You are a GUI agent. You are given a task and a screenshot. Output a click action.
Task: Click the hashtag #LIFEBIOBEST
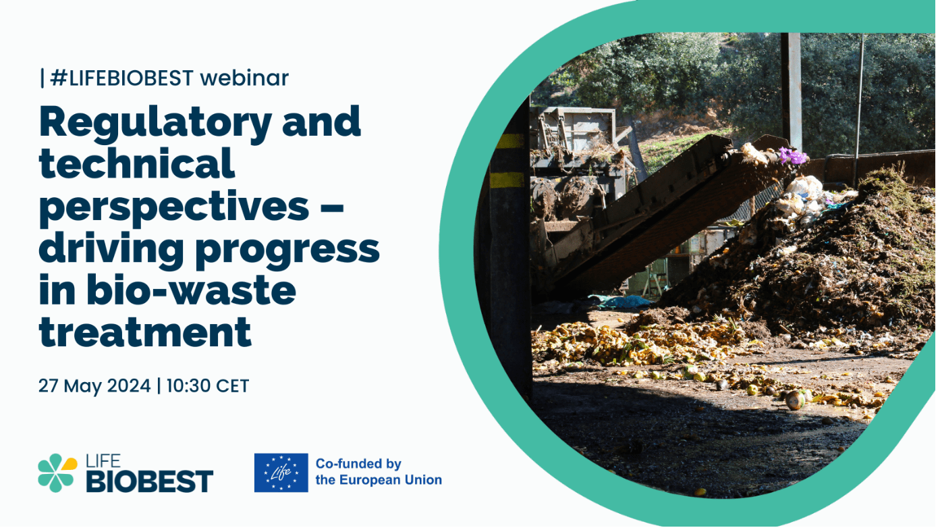(122, 78)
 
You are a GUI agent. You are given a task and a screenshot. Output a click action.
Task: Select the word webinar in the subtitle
(244, 78)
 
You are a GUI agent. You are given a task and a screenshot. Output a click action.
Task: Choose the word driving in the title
(111, 248)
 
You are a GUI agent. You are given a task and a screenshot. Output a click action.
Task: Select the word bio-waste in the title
(191, 290)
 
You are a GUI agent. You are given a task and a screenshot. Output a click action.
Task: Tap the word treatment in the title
(145, 332)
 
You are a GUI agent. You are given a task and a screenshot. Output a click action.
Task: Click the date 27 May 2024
(94, 386)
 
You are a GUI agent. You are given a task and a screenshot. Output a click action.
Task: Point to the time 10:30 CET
(208, 386)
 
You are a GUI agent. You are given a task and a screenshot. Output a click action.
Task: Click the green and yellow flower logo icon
(57, 473)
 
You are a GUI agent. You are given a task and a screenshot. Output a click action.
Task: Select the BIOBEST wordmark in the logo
(150, 481)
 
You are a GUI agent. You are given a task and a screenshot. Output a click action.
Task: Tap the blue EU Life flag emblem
(281, 473)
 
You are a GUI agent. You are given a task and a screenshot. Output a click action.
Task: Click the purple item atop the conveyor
(792, 156)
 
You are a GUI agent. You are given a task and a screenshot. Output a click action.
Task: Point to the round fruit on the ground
(795, 400)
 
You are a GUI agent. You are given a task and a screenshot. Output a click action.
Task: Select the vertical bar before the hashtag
(43, 78)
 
